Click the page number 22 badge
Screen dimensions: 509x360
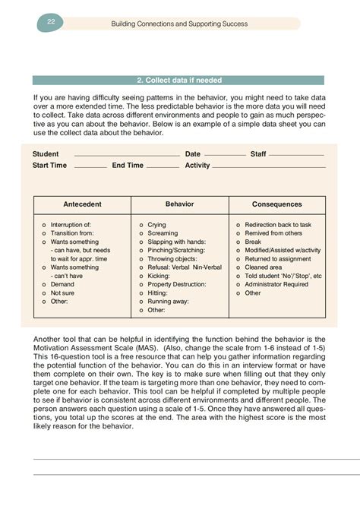[50, 24]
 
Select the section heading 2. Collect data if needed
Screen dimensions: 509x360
[179, 80]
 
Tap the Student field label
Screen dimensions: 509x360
[46, 154]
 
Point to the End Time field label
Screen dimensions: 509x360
[128, 166]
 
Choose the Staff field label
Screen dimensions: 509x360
[258, 154]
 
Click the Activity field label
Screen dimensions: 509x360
[197, 166]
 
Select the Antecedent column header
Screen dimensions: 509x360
[82, 204]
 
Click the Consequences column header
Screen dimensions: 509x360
[276, 204]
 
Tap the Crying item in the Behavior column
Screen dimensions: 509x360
[156, 226]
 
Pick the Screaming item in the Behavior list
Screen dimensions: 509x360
[163, 234]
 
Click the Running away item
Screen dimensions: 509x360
[169, 301]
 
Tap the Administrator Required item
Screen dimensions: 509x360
[276, 284]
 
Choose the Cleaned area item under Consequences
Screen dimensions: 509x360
[264, 267]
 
